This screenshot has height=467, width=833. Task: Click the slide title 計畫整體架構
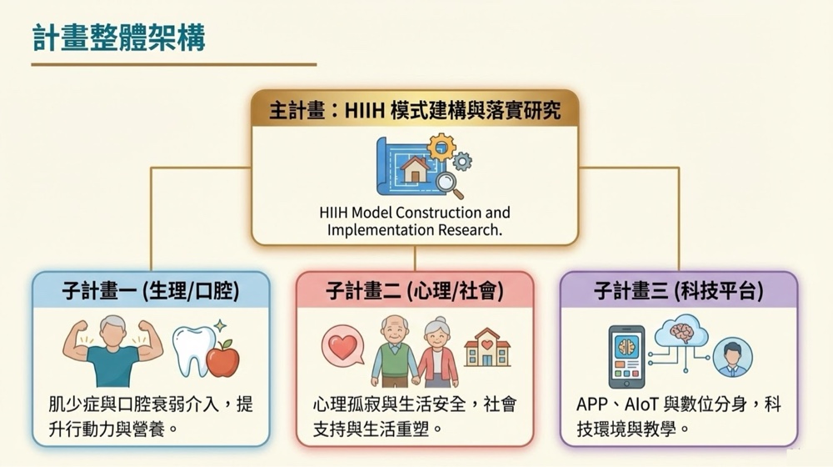pyautogui.click(x=119, y=38)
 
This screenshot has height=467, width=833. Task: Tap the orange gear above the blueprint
pyautogui.click(x=441, y=147)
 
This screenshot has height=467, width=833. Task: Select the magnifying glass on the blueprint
pyautogui.click(x=449, y=185)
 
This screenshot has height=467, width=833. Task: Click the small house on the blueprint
pyautogui.click(x=415, y=169)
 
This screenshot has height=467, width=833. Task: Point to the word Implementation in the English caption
pyautogui.click(x=380, y=230)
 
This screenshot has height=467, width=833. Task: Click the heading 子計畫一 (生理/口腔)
pyautogui.click(x=150, y=291)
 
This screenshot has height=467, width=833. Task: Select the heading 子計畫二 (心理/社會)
pyautogui.click(x=414, y=291)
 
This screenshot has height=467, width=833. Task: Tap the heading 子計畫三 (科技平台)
pyautogui.click(x=678, y=291)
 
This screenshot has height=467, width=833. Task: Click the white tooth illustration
pyautogui.click(x=192, y=351)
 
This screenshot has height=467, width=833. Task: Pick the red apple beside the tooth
pyautogui.click(x=222, y=358)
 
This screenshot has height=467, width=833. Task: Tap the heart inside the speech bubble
pyautogui.click(x=342, y=347)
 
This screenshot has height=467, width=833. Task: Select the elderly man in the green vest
pyautogui.click(x=394, y=351)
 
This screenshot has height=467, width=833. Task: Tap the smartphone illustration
pyautogui.click(x=626, y=357)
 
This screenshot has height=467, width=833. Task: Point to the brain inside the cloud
pyautogui.click(x=681, y=332)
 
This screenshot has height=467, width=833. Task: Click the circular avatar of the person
pyautogui.click(x=732, y=357)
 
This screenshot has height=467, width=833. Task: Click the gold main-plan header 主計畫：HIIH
pyautogui.click(x=414, y=110)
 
